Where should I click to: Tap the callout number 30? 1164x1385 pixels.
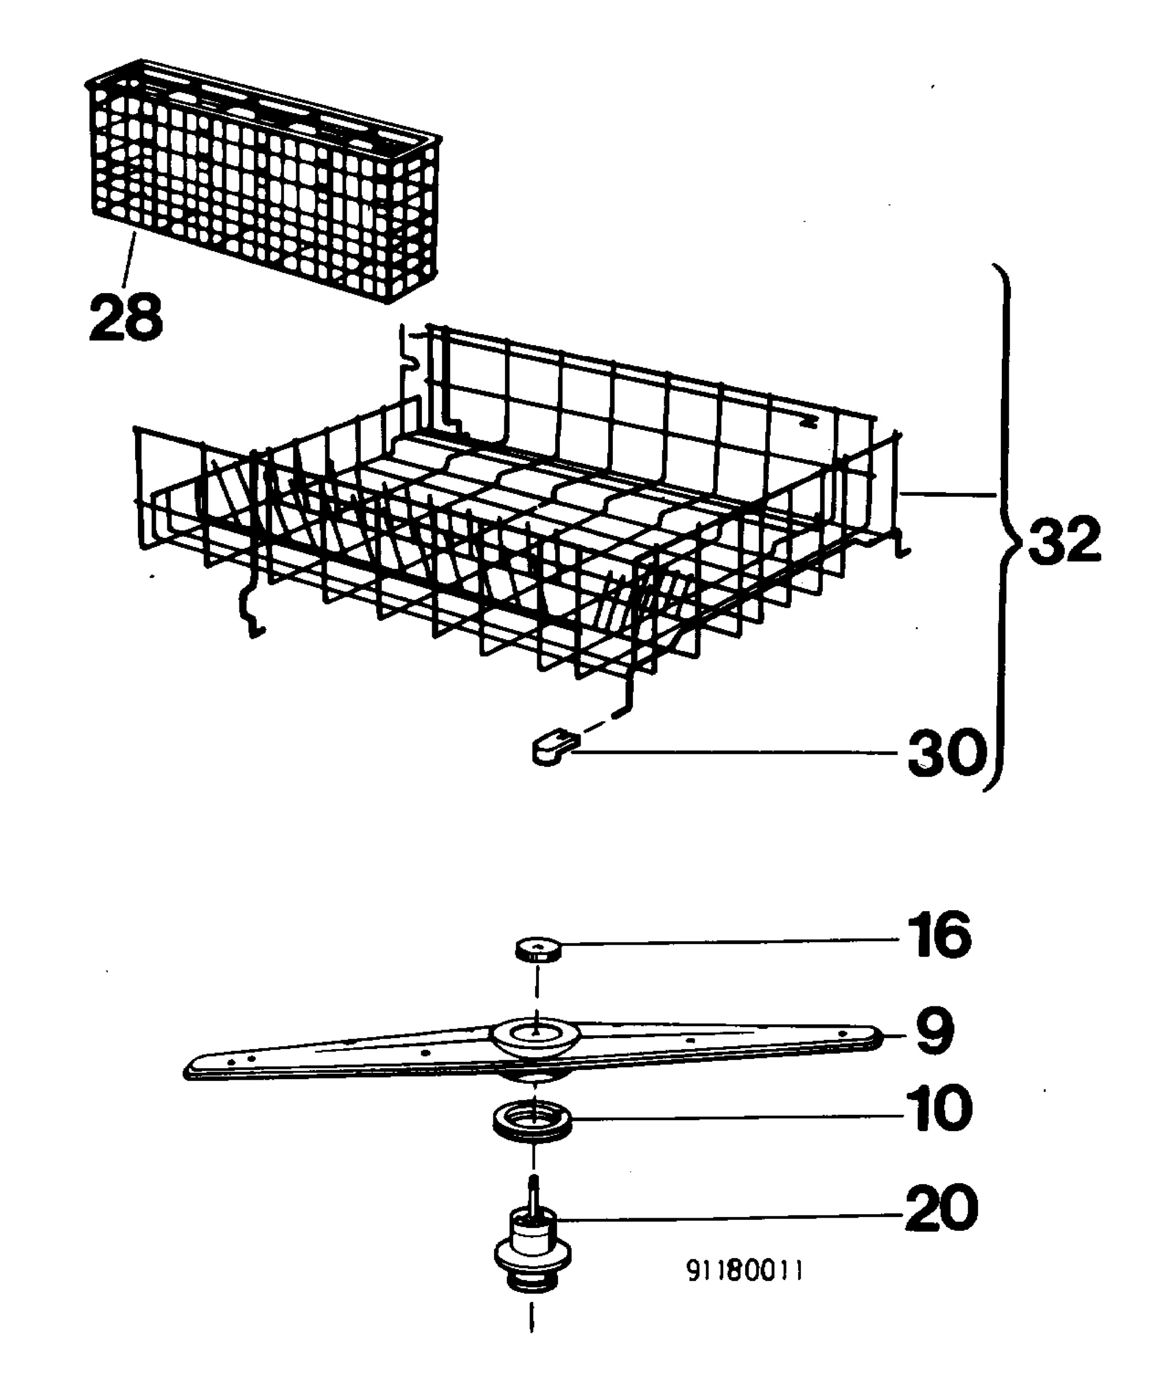coord(947,753)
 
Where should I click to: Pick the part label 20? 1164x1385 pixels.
coord(941,1207)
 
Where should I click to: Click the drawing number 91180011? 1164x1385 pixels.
coord(744,1270)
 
